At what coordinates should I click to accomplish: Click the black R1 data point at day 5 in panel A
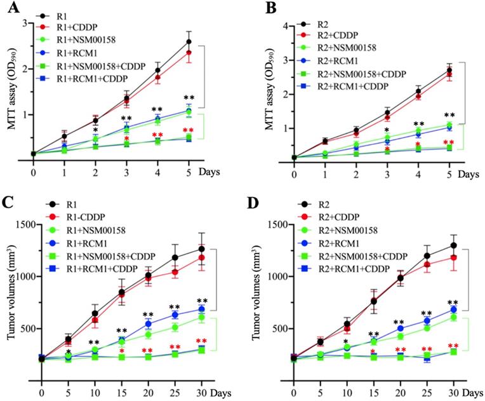(189, 42)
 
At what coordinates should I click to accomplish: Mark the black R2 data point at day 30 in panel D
(453, 245)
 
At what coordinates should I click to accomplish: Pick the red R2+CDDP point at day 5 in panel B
(449, 74)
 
